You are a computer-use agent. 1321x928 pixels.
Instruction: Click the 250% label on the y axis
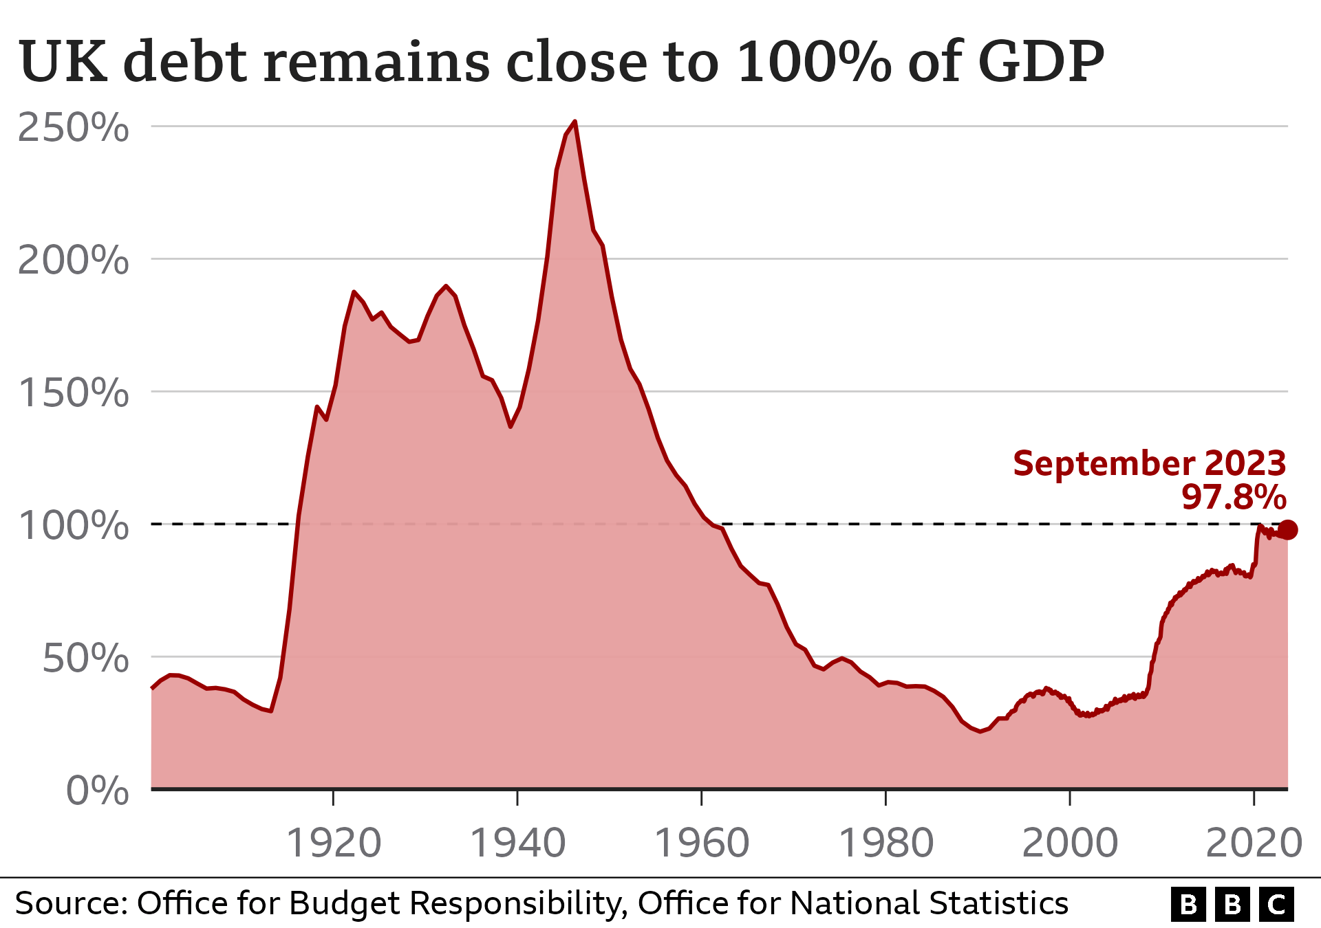(73, 128)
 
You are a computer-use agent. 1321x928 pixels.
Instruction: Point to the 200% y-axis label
(73, 261)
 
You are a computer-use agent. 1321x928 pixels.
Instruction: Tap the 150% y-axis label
(73, 393)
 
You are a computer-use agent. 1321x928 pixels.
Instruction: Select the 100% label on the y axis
(73, 526)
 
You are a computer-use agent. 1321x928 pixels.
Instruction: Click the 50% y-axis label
(85, 659)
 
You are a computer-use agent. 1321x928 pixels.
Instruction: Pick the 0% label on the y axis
(97, 791)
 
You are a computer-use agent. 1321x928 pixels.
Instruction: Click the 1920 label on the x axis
(334, 843)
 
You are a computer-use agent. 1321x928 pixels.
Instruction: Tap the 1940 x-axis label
(517, 843)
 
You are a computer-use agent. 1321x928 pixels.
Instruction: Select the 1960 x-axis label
(702, 843)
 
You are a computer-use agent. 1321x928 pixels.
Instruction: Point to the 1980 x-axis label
(886, 843)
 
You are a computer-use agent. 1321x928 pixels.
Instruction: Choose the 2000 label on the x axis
(1070, 843)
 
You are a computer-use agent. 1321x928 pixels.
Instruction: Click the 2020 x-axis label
(1254, 843)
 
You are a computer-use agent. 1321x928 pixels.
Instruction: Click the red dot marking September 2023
(1288, 530)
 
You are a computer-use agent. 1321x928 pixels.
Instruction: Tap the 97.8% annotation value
(1234, 497)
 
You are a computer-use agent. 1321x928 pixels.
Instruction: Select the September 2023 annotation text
(1149, 463)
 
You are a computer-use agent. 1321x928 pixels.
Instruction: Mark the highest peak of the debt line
(574, 122)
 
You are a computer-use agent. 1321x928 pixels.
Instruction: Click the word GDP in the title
(1040, 62)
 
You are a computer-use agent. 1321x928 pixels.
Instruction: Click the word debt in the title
(184, 62)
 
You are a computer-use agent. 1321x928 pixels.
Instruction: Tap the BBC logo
(1232, 904)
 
